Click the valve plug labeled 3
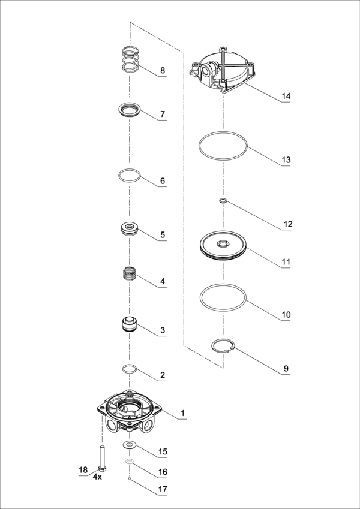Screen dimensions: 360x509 130,324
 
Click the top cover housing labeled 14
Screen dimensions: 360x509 223,70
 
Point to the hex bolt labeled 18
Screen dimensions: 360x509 103,459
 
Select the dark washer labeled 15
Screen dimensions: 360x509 130,445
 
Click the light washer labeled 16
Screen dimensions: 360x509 130,461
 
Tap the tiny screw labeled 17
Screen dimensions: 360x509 130,478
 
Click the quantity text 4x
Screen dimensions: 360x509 97,477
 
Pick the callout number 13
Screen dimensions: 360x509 286,159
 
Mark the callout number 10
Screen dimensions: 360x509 286,315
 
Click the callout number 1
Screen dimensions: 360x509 182,413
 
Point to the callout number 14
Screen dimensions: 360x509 286,96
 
